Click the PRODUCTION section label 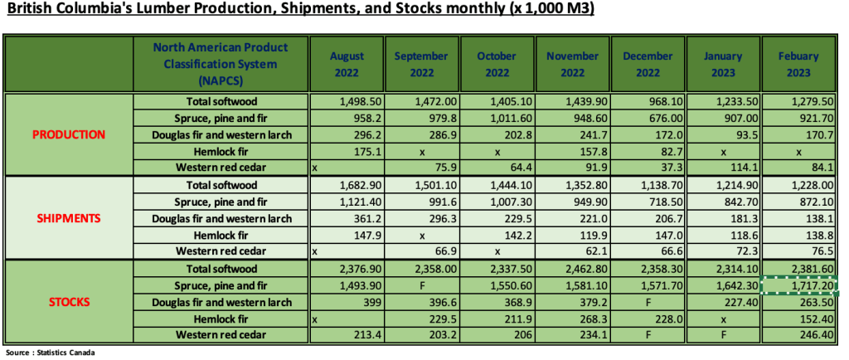(69, 134)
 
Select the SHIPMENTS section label (69, 218)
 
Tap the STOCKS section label (69, 301)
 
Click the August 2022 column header (347, 64)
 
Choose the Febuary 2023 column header (798, 64)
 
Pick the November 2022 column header (572, 64)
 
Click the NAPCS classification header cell (221, 64)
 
